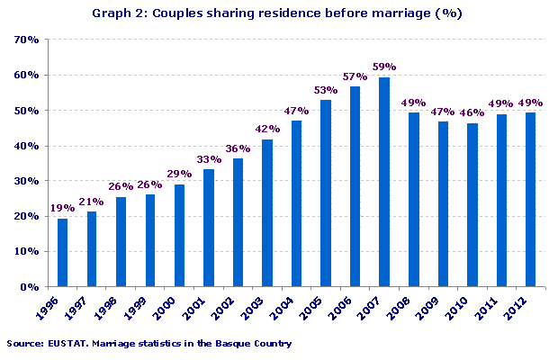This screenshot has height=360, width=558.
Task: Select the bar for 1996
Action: (63, 252)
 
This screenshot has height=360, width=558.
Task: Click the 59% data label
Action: (384, 67)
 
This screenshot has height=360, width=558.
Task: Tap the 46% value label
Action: (472, 112)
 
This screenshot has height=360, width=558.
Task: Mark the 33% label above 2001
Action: (209, 158)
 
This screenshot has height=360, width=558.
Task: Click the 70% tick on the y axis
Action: (25, 40)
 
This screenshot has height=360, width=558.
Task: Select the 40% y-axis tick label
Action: (25, 146)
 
